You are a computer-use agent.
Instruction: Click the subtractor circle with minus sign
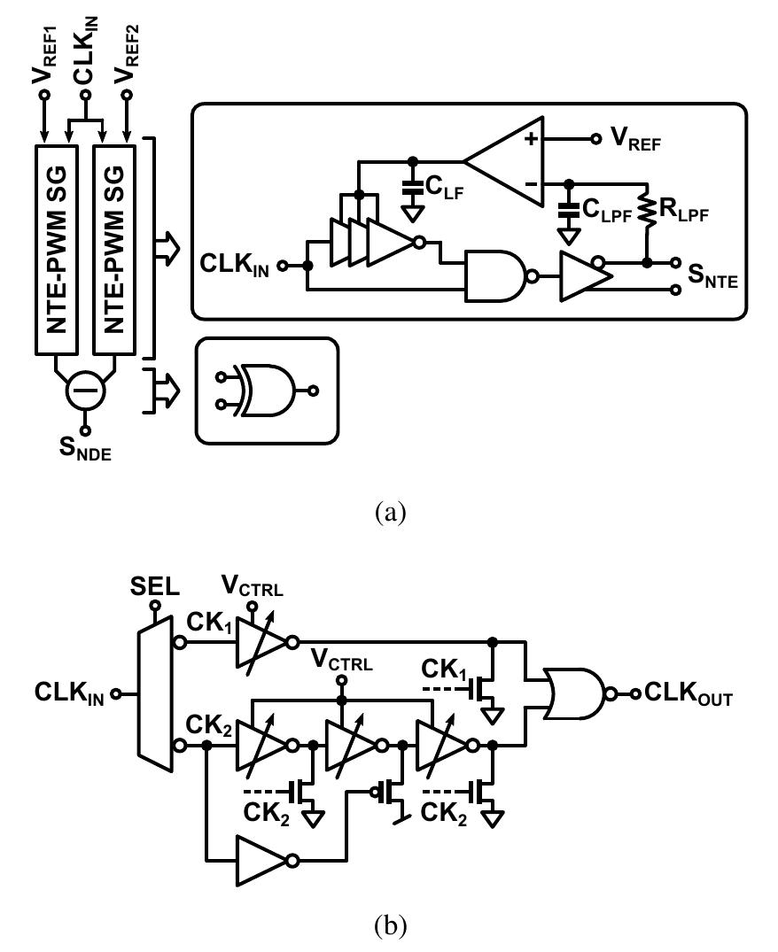86,388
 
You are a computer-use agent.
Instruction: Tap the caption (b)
390,927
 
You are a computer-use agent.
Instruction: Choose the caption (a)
390,512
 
